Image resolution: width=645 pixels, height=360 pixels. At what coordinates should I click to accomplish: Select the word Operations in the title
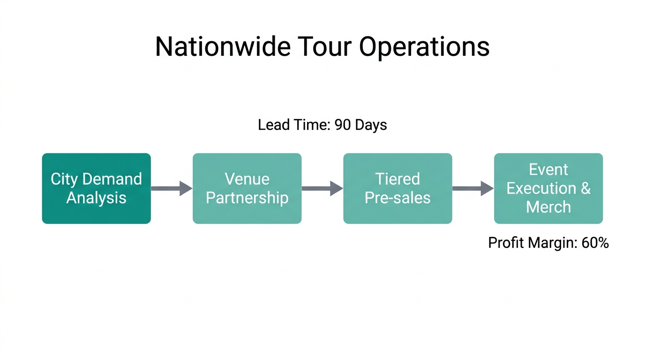tap(425, 47)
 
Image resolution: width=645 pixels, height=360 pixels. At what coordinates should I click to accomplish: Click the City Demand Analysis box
tap(97, 188)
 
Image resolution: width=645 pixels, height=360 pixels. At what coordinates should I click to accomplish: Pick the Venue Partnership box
tap(247, 188)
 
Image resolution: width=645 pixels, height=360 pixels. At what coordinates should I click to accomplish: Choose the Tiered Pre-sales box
tap(397, 188)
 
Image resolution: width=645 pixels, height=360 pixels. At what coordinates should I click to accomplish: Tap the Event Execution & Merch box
tap(548, 188)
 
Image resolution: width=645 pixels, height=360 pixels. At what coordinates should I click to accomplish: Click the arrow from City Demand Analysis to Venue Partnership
tap(172, 188)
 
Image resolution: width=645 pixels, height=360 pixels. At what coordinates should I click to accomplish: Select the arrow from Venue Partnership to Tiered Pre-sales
tap(322, 188)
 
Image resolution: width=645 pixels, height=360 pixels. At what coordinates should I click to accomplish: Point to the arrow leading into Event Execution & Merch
tap(472, 188)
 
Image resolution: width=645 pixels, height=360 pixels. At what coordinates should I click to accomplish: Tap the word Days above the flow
tap(371, 125)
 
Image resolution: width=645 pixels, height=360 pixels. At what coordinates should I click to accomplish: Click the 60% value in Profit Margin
tap(595, 243)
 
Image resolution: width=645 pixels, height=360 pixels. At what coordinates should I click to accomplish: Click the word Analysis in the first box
tap(97, 198)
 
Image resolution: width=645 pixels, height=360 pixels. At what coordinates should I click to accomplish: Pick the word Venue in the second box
tap(247, 179)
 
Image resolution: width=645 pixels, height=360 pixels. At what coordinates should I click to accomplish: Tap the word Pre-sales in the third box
tap(397, 198)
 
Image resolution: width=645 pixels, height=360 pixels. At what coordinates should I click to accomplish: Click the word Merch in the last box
tap(548, 207)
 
